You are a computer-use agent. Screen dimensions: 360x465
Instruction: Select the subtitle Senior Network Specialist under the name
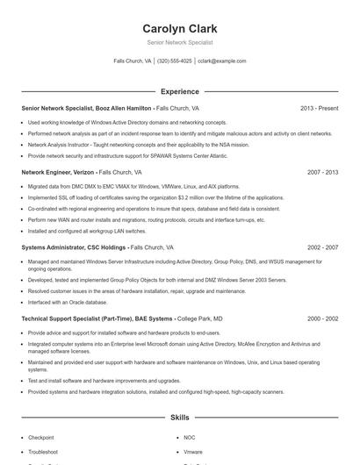pos(179,41)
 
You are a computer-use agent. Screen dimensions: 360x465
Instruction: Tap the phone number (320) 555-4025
pos(174,61)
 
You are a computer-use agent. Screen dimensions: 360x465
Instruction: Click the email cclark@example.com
pos(222,61)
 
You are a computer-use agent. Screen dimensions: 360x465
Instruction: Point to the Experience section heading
pos(179,91)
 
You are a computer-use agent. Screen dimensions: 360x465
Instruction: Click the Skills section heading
pos(179,418)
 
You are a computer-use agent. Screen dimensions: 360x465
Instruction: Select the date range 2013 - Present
pos(319,108)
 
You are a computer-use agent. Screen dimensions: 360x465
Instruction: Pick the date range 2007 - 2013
pos(322,173)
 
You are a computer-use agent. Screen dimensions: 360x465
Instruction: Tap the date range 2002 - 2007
pos(322,248)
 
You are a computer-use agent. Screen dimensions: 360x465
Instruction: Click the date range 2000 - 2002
pos(322,319)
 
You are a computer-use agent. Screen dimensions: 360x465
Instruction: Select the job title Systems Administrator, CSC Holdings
pos(74,248)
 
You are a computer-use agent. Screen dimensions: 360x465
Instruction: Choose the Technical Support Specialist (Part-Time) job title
pos(97,319)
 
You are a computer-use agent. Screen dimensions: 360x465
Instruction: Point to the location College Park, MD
pos(200,319)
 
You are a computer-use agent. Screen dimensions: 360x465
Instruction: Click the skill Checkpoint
pos(41,437)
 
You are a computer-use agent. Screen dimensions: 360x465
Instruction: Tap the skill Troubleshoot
pos(43,451)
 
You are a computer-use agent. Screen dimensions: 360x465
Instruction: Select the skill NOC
pos(189,437)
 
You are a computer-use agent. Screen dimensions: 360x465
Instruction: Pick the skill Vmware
pos(192,451)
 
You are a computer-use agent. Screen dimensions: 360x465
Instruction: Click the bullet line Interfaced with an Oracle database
pos(73,301)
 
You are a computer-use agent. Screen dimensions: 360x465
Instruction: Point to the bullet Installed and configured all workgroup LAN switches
pos(86,231)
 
